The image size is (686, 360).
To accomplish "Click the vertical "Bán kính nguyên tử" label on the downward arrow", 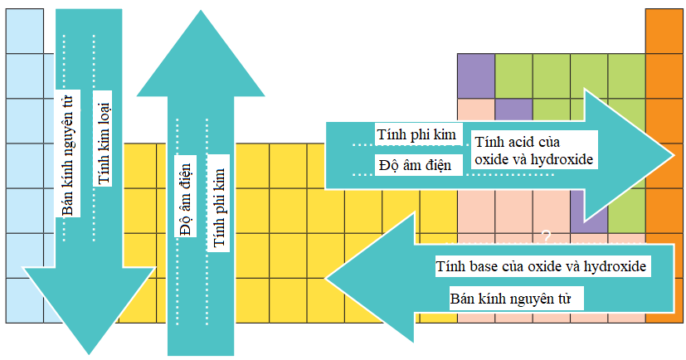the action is [69, 154].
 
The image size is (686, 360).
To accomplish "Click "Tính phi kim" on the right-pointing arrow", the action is [416, 134].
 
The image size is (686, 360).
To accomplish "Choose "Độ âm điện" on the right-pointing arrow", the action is [416, 165].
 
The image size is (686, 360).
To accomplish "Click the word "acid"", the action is [520, 142].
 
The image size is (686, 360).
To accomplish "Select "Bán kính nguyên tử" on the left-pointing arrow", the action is [511, 299].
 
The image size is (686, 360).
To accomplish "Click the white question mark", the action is [546, 236].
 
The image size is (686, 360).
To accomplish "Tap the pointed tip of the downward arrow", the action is [89, 353].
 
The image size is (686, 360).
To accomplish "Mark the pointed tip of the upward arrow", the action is [201, 11].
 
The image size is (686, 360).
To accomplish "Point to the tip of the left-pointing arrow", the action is [326, 278].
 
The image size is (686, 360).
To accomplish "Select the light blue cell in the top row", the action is [25, 31].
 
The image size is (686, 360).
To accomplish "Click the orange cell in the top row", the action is [664, 31].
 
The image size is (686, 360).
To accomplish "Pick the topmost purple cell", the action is [476, 76].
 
